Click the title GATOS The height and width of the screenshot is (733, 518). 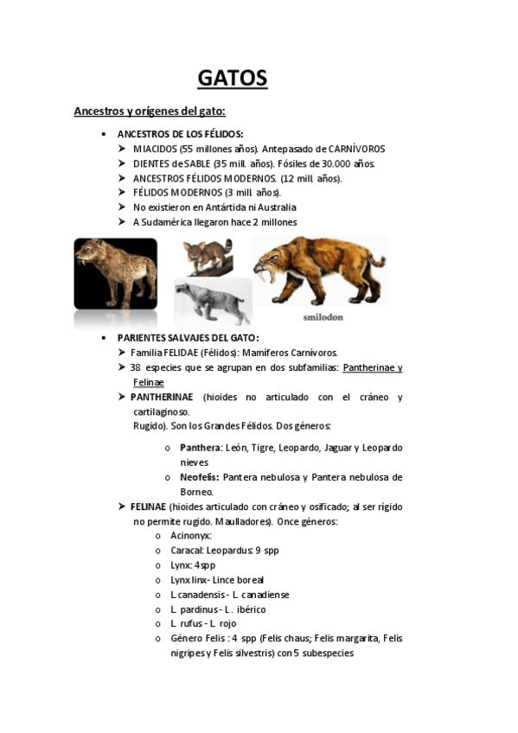tap(233, 79)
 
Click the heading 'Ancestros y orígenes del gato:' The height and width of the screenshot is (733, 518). tap(150, 112)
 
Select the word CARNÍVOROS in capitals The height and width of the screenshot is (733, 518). tap(355, 149)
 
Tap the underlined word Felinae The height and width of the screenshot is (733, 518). tap(148, 382)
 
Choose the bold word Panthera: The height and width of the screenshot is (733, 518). tap(200, 448)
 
